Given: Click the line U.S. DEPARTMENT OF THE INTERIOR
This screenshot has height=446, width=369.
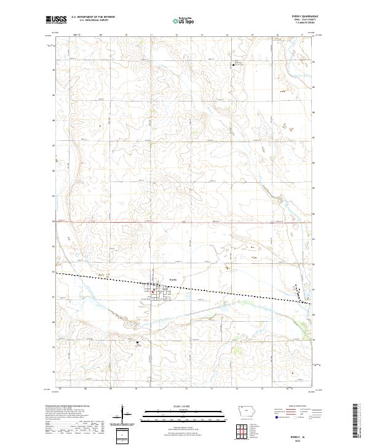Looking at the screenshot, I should coord(93,17).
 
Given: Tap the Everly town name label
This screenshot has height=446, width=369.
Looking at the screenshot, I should coord(173,279).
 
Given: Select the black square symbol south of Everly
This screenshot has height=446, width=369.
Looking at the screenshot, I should coord(137,342).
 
